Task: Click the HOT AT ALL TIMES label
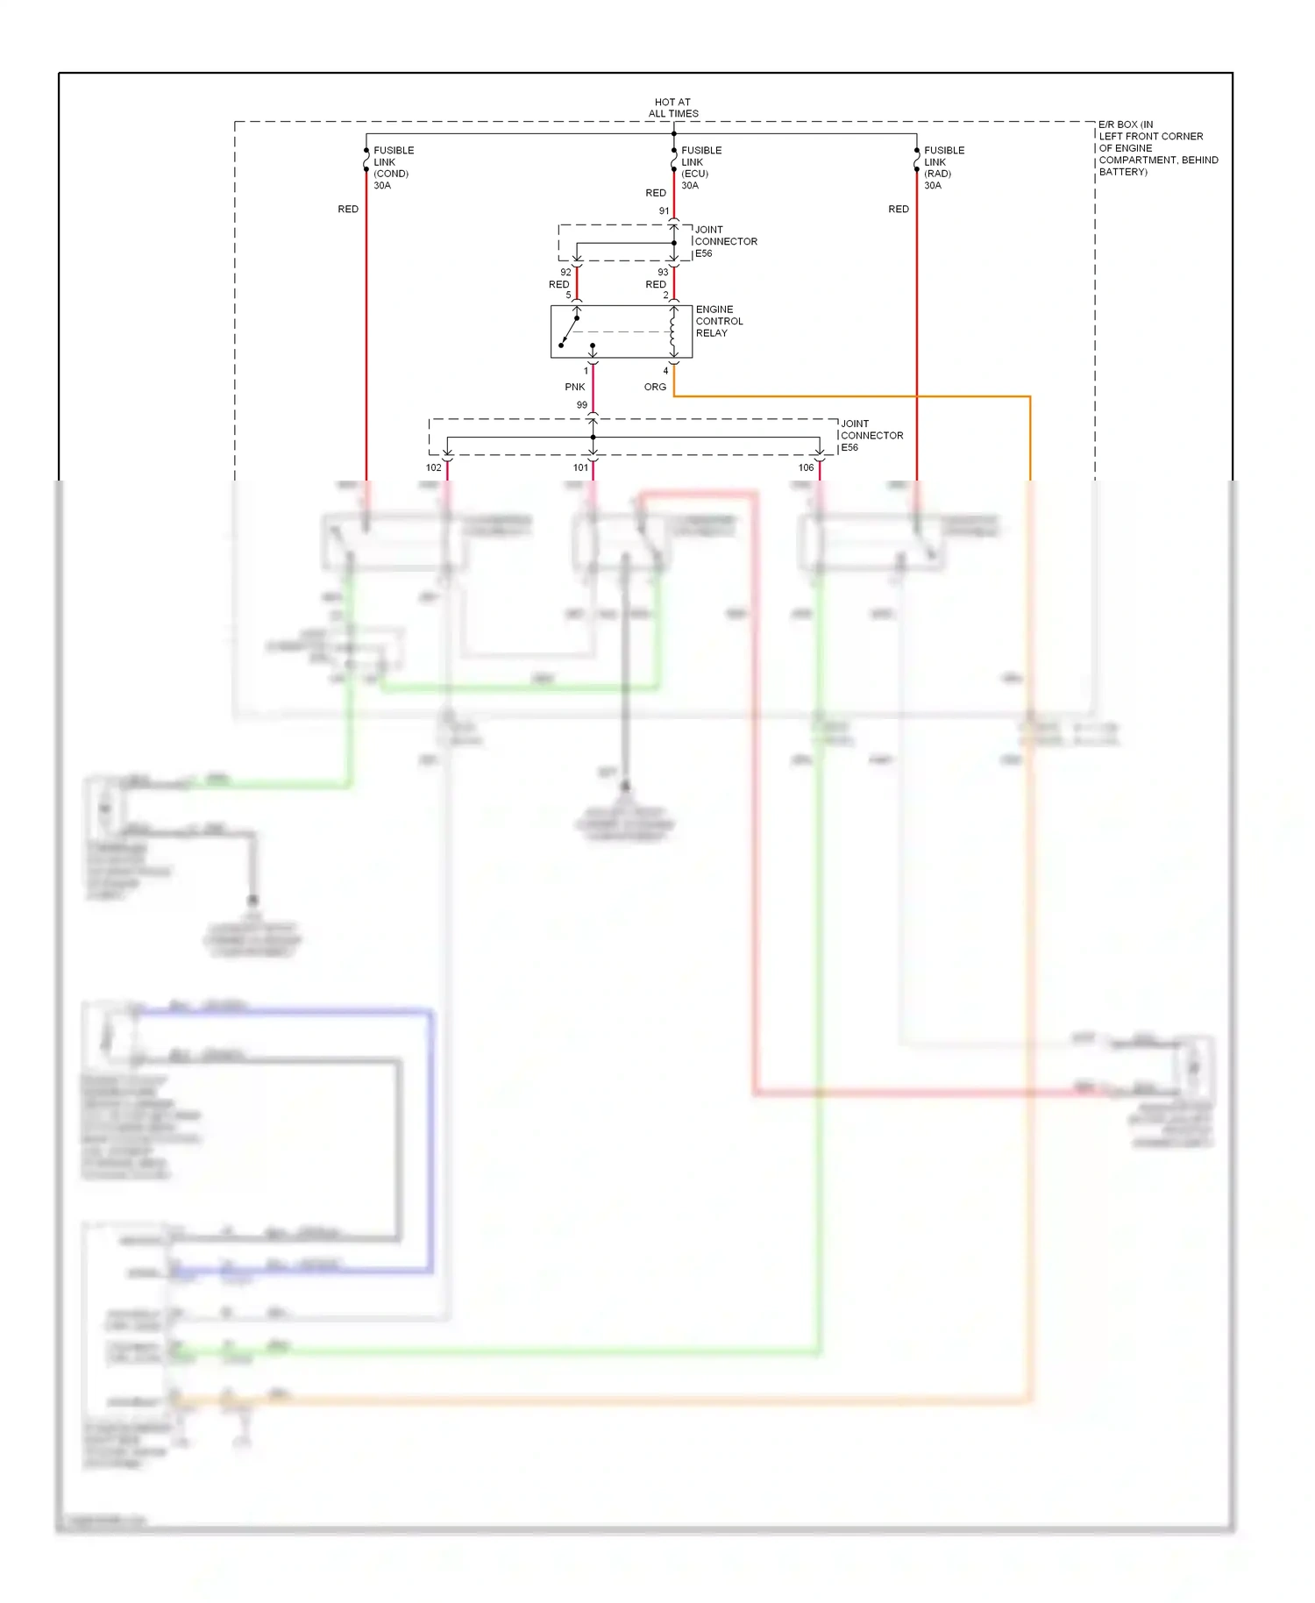673,108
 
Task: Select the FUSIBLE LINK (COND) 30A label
393,167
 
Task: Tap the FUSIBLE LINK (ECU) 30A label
700,167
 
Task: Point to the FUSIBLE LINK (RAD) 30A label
943,167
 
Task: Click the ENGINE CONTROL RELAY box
621,331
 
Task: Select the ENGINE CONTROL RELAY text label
719,321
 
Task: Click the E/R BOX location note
1157,148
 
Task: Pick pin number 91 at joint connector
664,211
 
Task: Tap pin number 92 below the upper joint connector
565,273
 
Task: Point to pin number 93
663,273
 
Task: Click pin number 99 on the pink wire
582,405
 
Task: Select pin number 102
433,467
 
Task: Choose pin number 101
580,467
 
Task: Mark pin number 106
806,467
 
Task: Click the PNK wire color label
574,387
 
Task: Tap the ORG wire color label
655,387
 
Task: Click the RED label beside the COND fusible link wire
348,209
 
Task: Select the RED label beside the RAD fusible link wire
899,209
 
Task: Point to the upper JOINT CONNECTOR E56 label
725,241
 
